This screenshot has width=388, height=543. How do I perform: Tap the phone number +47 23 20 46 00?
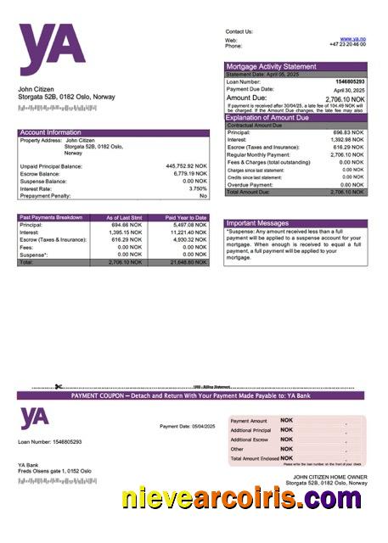point(347,44)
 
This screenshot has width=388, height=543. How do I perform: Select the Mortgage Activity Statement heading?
point(271,65)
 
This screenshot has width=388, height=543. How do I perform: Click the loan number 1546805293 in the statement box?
point(349,81)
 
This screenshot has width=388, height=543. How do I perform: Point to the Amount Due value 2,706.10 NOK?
point(345,98)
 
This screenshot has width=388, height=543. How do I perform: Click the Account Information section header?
point(51,132)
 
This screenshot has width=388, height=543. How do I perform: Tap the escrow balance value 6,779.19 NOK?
point(188,174)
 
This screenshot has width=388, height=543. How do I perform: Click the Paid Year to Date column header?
point(185,218)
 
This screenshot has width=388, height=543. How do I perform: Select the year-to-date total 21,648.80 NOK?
point(186,263)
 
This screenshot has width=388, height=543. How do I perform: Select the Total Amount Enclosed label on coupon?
point(254,458)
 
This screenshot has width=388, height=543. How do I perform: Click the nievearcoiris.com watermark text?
point(242,499)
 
